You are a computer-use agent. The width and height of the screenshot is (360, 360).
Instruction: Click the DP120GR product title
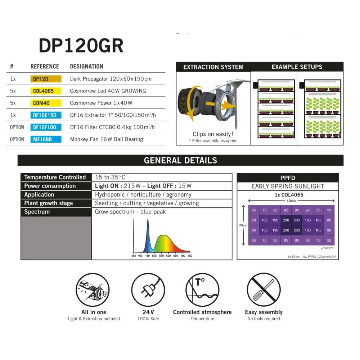81,46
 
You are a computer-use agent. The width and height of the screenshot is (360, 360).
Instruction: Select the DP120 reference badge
46,79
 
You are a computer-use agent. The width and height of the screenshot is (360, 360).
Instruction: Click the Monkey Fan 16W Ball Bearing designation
106,139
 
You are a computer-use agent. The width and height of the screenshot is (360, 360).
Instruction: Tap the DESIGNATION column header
86,67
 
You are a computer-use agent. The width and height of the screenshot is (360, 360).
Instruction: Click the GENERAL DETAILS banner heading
180,160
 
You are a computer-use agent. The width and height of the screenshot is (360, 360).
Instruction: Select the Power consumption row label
50,186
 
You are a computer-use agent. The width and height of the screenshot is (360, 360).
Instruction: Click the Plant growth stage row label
49,203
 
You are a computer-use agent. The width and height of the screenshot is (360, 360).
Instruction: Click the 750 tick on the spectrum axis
190,256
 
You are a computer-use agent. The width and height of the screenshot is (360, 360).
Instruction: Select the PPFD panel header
288,178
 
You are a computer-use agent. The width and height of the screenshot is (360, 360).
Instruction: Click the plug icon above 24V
148,290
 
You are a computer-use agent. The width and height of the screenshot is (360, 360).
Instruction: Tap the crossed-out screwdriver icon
264,290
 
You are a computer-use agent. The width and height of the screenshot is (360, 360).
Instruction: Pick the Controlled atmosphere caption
202,312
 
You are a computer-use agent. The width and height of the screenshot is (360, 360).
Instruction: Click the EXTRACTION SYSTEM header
213,67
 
